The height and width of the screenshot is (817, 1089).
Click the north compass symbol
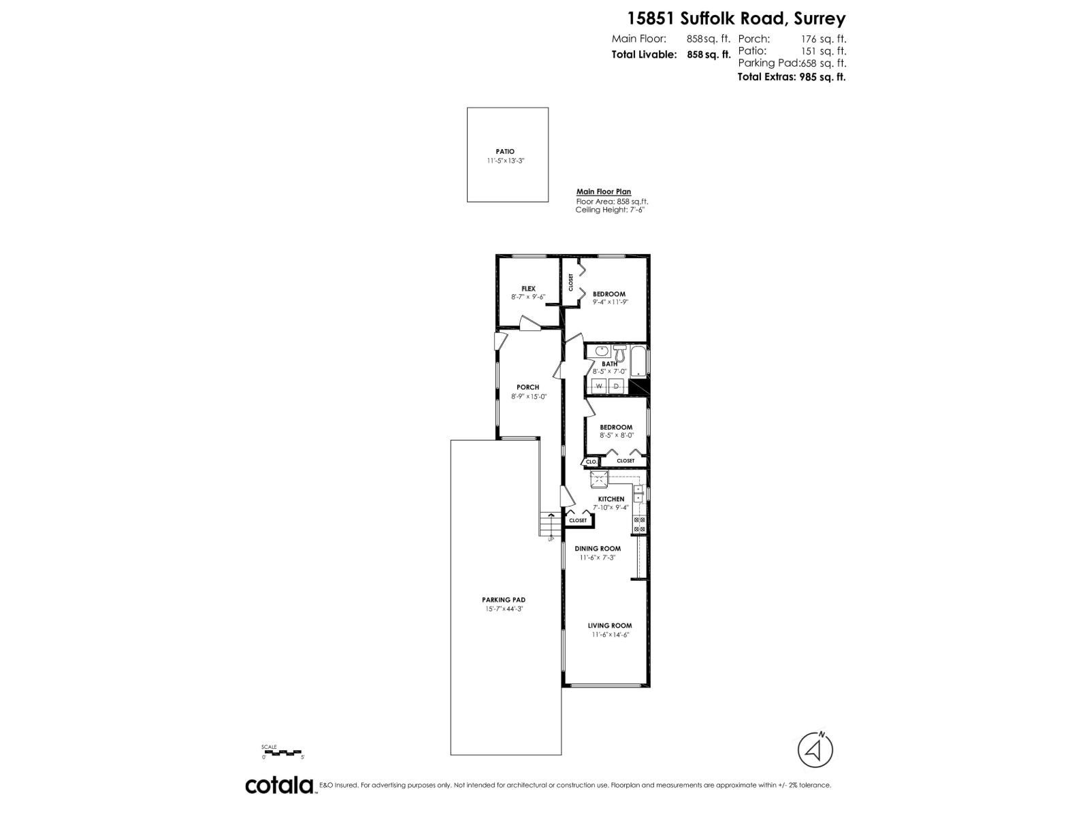tap(815, 750)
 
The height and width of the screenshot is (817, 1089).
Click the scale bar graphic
tap(282, 752)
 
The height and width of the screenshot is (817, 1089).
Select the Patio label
tap(505, 152)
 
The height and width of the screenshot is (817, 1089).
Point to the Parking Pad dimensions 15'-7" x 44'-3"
tap(504, 609)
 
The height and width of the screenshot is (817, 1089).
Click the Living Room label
tap(610, 626)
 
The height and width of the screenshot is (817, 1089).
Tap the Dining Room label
tap(598, 549)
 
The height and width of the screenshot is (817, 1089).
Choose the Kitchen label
tap(611, 499)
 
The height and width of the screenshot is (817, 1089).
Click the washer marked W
tap(599, 387)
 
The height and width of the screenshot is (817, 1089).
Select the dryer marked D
tap(617, 387)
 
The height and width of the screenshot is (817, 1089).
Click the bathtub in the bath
tap(640, 362)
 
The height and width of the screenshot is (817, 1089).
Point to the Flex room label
tap(528, 289)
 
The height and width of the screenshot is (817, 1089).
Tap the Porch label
tap(527, 387)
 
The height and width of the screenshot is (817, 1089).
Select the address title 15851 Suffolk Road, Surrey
tap(728, 18)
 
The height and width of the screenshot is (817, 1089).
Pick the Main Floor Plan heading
tap(604, 192)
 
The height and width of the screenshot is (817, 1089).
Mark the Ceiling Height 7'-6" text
tap(609, 210)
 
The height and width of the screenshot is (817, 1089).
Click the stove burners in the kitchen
tap(640, 524)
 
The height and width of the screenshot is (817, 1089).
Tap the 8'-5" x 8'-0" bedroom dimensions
tap(617, 436)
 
